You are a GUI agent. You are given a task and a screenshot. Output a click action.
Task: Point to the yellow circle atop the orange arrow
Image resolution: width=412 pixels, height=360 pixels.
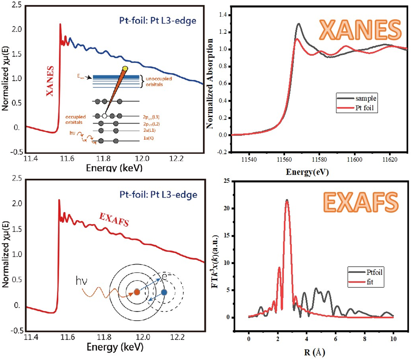click(x=125, y=69)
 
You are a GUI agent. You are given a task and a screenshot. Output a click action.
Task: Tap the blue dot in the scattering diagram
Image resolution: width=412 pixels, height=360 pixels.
click(x=164, y=292)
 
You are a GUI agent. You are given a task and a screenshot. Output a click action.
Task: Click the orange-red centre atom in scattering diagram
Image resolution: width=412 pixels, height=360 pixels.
click(x=136, y=292)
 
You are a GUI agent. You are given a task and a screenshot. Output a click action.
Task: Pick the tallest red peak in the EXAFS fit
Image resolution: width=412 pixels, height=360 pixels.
click(x=287, y=201)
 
